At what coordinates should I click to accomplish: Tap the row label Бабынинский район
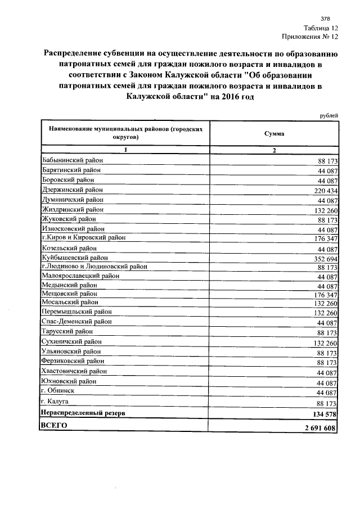click(72, 160)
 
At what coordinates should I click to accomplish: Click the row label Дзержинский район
click(72, 190)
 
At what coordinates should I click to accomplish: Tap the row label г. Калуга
click(55, 402)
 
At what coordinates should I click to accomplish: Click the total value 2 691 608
click(318, 429)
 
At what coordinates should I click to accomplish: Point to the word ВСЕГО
click(55, 426)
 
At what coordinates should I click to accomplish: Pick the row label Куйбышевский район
click(75, 257)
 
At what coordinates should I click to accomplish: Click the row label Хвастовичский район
click(75, 371)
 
